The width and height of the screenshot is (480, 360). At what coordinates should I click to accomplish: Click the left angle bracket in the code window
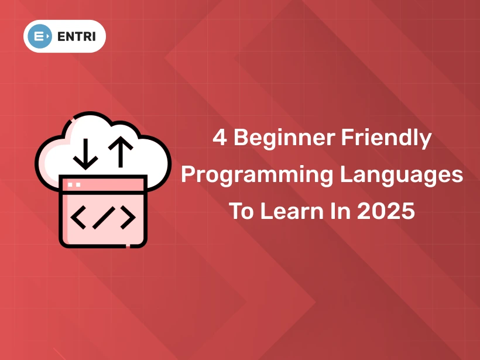tap(78, 217)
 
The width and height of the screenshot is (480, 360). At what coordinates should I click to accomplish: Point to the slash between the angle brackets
tap(102, 217)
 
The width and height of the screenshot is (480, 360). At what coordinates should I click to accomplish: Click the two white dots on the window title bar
tap(74, 184)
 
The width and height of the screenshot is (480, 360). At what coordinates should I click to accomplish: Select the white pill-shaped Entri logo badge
tap(64, 36)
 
